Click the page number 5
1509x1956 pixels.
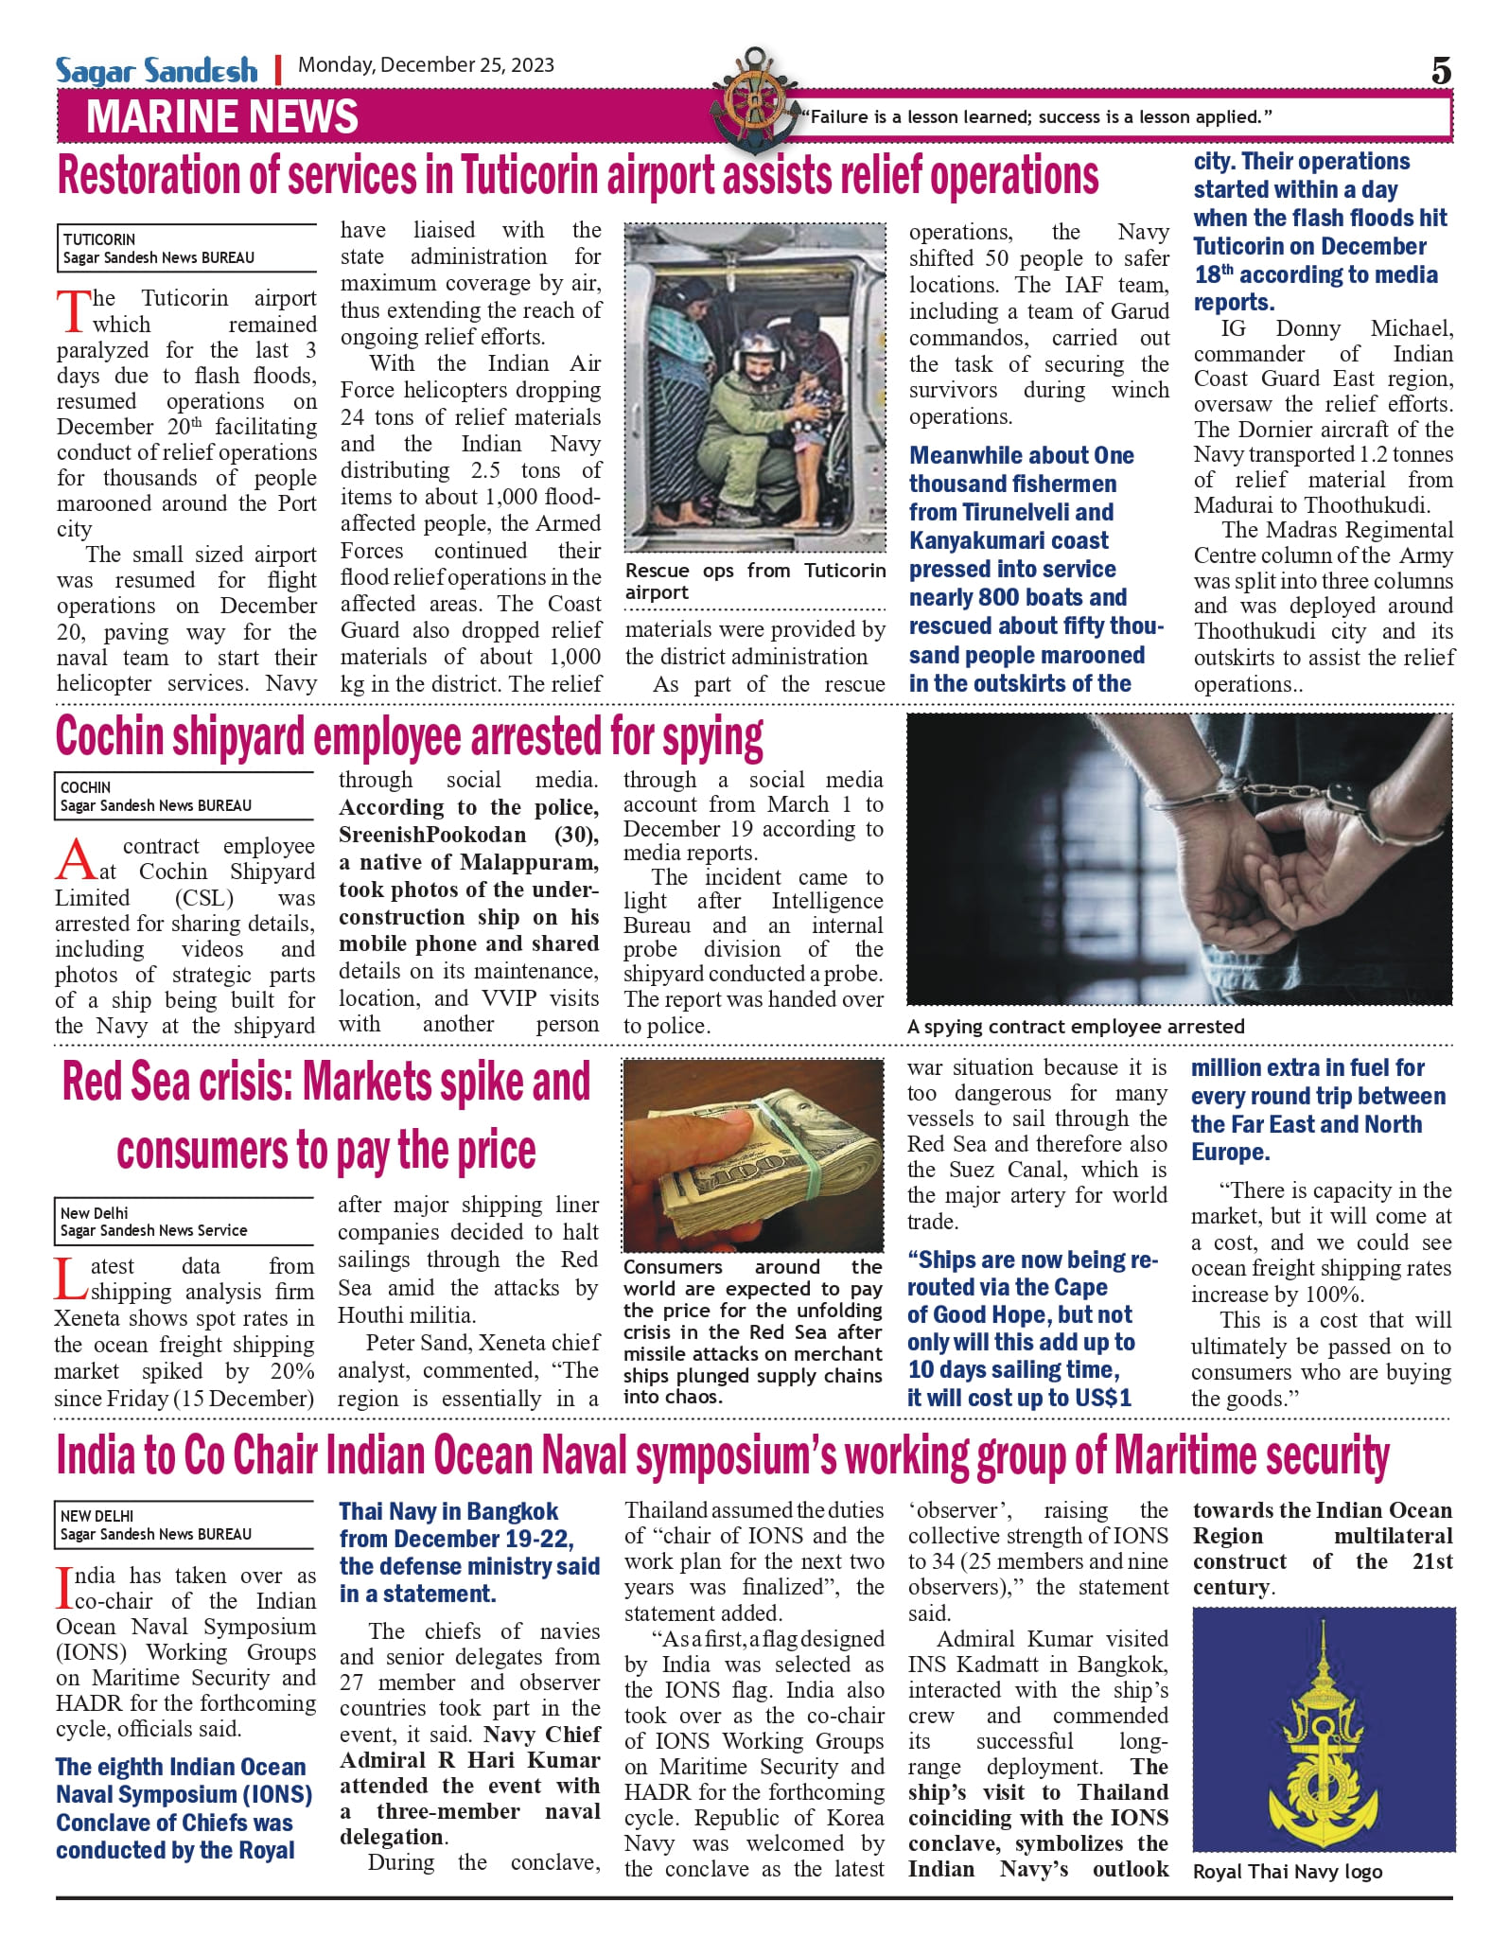click(x=1440, y=71)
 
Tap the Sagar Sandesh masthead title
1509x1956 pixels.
click(x=156, y=70)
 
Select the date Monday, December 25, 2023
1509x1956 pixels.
click(x=426, y=65)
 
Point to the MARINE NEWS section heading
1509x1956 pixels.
click(x=222, y=117)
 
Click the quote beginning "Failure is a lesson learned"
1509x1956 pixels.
click(x=1036, y=117)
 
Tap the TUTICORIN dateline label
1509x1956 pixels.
click(x=99, y=239)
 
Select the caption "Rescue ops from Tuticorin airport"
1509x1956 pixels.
click(x=754, y=581)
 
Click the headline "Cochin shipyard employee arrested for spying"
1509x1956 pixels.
click(x=409, y=737)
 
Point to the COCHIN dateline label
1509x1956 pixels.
click(x=85, y=787)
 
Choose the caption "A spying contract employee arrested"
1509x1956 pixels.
click(x=1076, y=1027)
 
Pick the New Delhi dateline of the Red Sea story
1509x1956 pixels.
click(x=94, y=1213)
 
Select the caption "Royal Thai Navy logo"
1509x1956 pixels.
click(x=1287, y=1872)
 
